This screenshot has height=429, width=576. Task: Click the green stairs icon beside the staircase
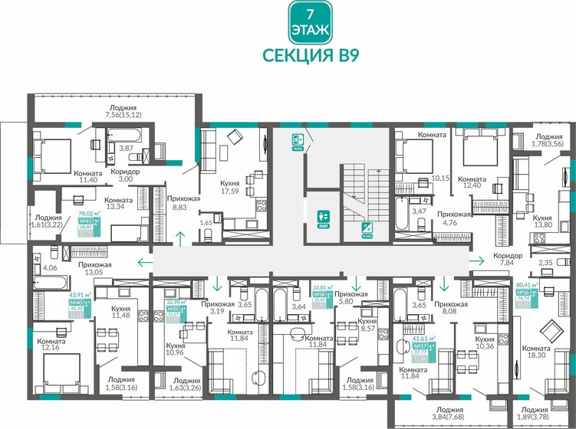point(367,227)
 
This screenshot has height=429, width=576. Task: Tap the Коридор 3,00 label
point(125,176)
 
